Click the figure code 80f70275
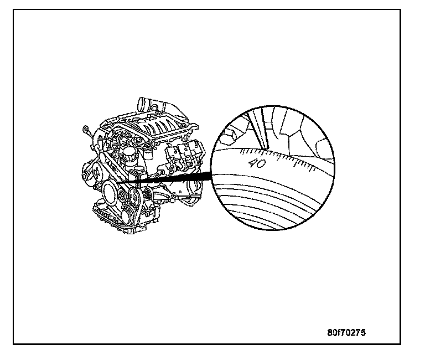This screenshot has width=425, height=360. point(346,333)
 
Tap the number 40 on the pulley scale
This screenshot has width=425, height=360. point(257,163)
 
